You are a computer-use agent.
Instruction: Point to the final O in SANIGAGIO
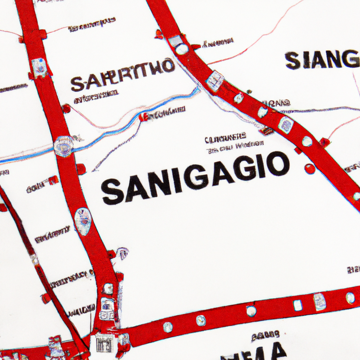278,164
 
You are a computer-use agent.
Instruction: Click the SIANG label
322,60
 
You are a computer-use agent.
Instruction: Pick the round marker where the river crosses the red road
63,146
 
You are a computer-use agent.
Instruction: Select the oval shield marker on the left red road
83,221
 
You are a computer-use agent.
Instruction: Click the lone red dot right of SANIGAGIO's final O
310,169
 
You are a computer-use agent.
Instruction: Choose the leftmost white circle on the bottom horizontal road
168,327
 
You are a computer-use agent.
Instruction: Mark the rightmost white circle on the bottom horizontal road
350,298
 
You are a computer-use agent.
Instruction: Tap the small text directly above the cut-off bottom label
265,336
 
